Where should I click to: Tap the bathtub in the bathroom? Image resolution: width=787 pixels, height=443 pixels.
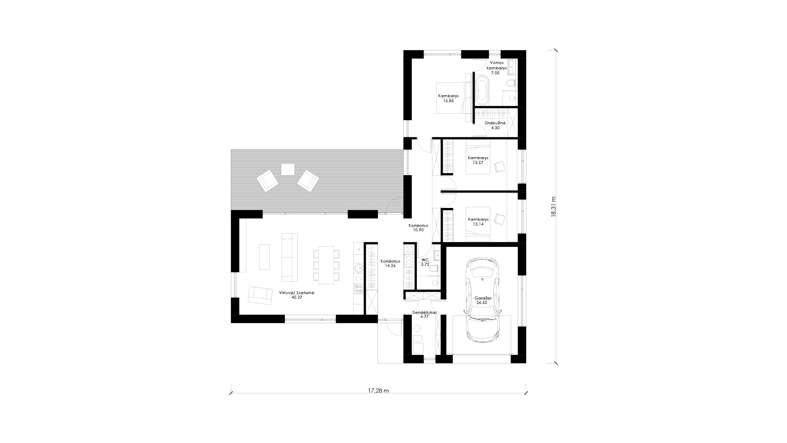[482, 89]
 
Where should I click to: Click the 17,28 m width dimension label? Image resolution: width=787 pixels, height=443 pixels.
[378, 391]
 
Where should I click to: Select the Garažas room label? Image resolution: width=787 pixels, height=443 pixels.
[482, 298]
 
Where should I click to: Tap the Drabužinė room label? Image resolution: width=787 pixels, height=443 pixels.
[495, 123]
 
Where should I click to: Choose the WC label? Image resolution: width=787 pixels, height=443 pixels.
[425, 260]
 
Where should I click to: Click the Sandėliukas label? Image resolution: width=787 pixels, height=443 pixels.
[425, 312]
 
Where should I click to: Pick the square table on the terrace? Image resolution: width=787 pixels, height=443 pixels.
[288, 169]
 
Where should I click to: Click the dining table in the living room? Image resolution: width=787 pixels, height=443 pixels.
[326, 265]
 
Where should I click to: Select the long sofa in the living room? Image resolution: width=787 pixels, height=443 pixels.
[289, 257]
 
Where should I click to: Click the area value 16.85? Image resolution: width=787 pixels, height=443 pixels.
[448, 100]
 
